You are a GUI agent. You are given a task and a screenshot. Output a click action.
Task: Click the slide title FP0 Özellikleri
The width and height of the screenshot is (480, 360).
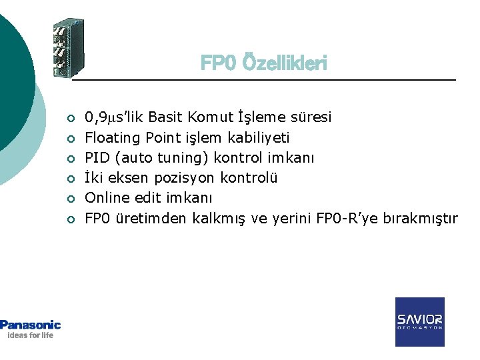tap(264, 63)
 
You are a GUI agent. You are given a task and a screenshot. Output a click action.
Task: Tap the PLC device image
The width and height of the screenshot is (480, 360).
tap(69, 49)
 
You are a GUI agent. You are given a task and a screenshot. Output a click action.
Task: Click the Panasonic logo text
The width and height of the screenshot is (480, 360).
tap(31, 325)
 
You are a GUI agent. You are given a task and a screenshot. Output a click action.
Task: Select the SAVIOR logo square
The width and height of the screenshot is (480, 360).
tap(419, 321)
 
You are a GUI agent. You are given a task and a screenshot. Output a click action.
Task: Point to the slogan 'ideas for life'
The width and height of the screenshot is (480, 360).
tap(30, 335)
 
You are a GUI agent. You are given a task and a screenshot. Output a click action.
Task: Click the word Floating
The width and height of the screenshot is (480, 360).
tap(108, 138)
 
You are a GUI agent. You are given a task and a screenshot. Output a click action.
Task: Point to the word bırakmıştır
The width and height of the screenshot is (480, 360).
tap(421, 218)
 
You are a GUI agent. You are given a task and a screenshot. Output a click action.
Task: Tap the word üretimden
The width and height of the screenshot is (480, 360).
tap(152, 218)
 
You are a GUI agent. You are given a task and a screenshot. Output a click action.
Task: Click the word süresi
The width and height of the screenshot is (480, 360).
tap(310, 118)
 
